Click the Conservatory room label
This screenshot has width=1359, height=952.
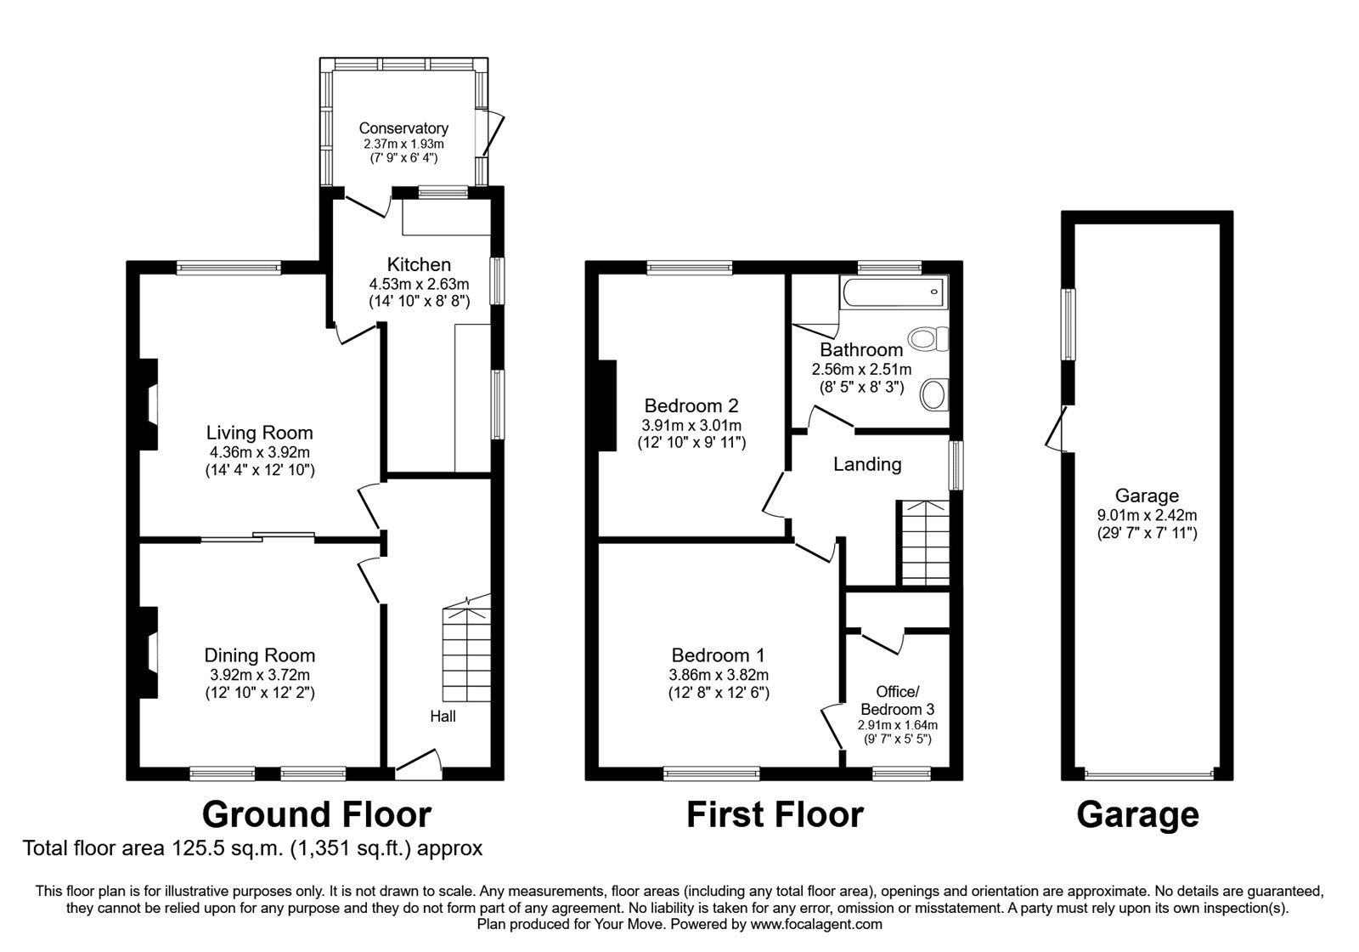403,128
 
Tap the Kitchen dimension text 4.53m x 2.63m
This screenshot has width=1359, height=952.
420,284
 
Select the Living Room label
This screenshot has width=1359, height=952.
260,433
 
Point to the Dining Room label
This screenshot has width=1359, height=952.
260,655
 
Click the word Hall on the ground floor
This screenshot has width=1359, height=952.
443,717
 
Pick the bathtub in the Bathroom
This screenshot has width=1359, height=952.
894,292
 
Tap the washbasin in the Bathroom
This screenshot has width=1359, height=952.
934,394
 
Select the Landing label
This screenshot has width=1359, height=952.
867,464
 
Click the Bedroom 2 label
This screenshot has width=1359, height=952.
691,405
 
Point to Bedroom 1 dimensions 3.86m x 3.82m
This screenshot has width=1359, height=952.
719,675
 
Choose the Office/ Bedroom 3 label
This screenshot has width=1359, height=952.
897,700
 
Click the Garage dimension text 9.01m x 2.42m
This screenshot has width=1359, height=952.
1148,515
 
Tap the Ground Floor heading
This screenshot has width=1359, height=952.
317,814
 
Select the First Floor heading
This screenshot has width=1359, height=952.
775,814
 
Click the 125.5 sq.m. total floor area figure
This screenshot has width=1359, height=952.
222,848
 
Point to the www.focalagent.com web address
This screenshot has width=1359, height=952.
816,924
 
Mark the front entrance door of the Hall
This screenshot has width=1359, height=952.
418,764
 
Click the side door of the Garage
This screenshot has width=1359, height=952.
1057,428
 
